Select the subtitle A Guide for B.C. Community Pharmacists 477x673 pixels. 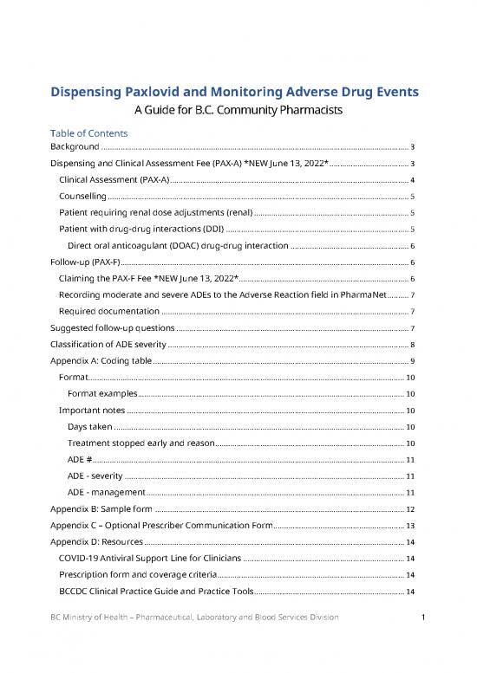pyautogui.click(x=238, y=111)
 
